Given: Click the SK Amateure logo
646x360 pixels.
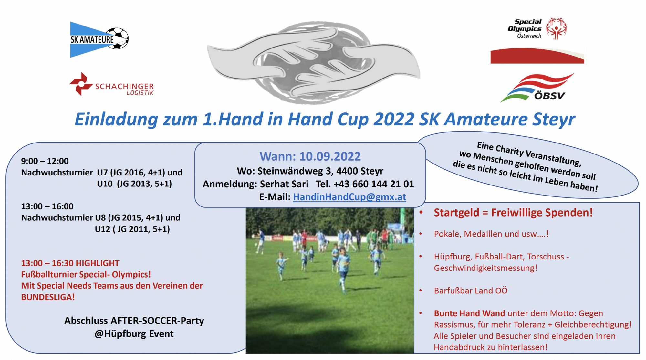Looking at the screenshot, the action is (99, 39).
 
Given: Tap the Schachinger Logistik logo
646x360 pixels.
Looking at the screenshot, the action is (111, 84).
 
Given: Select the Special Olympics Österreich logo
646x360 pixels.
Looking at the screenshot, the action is (537, 29).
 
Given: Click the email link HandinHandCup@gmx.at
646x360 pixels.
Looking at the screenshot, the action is (349, 197).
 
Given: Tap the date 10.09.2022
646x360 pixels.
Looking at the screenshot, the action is (330, 156).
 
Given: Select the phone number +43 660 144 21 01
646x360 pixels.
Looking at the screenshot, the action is (373, 184).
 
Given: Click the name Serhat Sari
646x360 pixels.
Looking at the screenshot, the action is (284, 184).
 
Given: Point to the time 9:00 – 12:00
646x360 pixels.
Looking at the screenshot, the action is (45, 161).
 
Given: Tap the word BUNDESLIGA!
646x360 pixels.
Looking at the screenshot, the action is (48, 297).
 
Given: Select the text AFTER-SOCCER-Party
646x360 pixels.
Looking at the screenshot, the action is (157, 321).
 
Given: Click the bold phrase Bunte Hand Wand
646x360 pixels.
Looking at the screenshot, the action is (469, 313).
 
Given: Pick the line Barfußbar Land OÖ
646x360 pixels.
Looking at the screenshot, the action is (471, 291).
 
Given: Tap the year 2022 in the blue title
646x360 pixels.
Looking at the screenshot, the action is (394, 119).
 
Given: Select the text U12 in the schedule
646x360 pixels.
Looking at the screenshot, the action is (102, 229).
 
